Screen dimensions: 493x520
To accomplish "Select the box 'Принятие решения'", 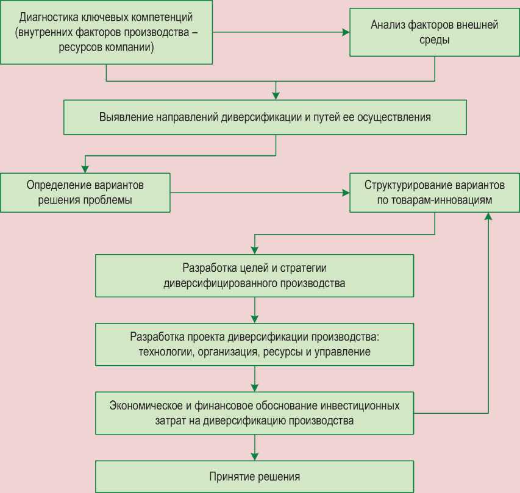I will (255, 477).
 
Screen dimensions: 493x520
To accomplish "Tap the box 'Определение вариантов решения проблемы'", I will (85, 192).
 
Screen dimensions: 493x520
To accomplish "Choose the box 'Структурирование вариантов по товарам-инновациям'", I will (435, 192).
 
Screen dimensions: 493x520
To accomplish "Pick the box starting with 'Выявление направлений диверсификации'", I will (265, 117).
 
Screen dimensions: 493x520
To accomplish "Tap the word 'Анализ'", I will (386, 26).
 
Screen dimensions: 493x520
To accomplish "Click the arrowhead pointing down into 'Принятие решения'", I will (255, 456).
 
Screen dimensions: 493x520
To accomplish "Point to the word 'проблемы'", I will (112, 200).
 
